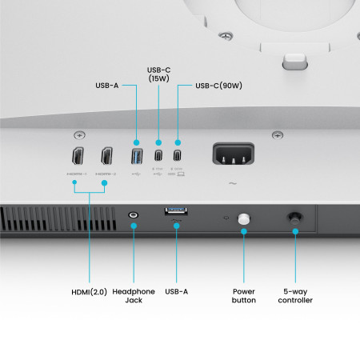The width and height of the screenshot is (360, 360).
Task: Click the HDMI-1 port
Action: pos(77,157)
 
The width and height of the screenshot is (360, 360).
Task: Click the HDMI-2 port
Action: pos(106,157)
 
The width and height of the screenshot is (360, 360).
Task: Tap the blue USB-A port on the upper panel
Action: pos(135,155)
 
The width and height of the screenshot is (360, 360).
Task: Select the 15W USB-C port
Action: pos(158,155)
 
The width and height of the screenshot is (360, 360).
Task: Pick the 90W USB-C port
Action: pos(177,155)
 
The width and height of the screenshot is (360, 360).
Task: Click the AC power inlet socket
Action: pos(233,154)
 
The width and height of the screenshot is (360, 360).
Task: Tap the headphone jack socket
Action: pos(134,215)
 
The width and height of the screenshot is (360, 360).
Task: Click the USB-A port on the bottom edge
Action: pos(175,210)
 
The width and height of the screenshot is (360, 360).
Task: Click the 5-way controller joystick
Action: pos(294,216)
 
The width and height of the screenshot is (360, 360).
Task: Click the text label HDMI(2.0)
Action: pos(89,291)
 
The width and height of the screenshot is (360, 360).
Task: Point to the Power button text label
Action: pos(244,295)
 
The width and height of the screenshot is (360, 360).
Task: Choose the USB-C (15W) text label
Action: pos(158,75)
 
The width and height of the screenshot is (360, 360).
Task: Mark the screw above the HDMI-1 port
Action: pos(78,134)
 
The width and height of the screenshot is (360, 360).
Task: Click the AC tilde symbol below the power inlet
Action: pos(233,183)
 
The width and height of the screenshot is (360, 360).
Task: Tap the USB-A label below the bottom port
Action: pos(175,291)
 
